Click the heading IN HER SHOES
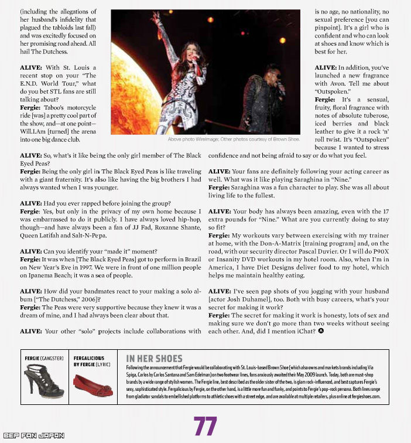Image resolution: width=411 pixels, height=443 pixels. [x=154, y=358]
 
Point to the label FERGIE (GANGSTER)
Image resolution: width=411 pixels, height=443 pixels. [x=44, y=357]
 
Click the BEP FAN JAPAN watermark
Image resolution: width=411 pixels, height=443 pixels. [x=33, y=435]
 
